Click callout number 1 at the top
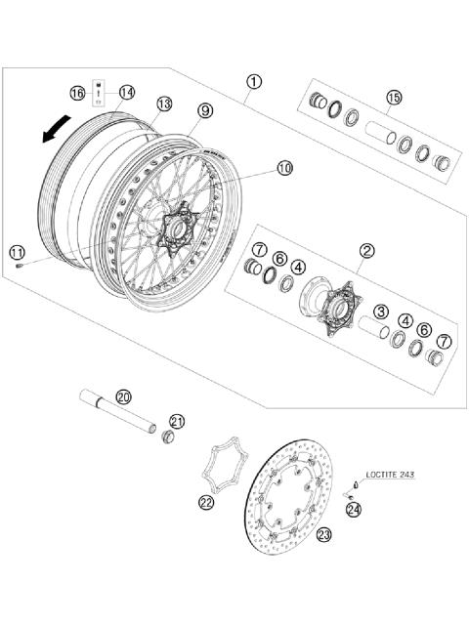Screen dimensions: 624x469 point(253,83)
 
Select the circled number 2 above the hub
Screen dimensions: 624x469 point(365,251)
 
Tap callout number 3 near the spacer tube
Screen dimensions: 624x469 point(382,312)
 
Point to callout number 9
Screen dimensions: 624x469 point(203,110)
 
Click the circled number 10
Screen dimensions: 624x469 point(284,168)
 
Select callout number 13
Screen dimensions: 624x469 point(163,104)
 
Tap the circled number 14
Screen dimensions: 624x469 point(127,92)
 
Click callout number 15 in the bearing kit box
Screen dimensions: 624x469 point(394,97)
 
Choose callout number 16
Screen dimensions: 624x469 point(77,92)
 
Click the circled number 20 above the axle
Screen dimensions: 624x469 point(122,396)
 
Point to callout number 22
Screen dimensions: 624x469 point(205,502)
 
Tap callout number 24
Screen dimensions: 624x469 point(352,509)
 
